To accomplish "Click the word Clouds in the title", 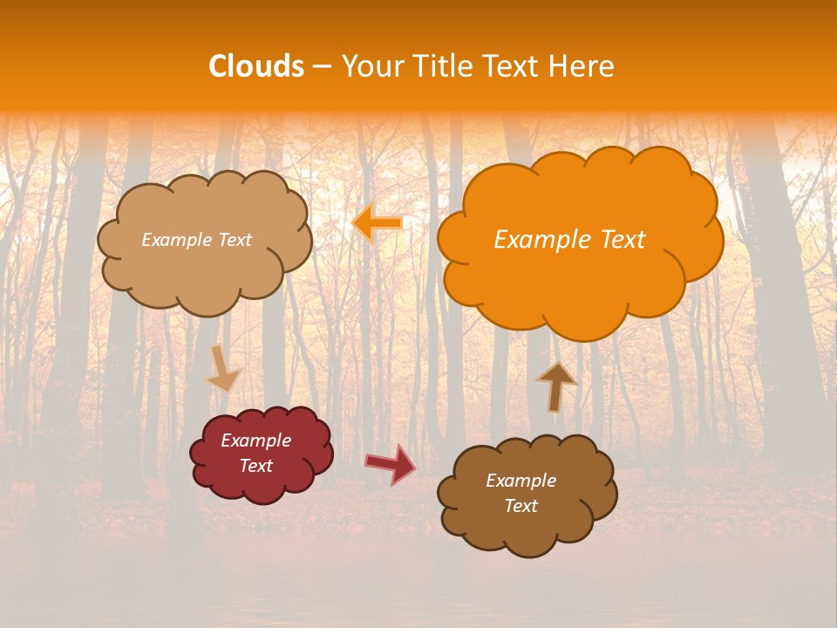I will pos(256,66).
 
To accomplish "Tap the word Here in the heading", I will pos(583,66).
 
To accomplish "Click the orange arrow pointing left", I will pos(378,223).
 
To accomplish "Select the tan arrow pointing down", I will pos(223,370).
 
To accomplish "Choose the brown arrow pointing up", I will pos(555,386).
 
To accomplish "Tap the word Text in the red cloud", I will pos(255,466).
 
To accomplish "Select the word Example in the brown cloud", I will pos(521,481).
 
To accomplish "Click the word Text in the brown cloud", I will pos(521,506).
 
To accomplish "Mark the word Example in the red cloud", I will pos(255,440).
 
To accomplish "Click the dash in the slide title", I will pos(322,67).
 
